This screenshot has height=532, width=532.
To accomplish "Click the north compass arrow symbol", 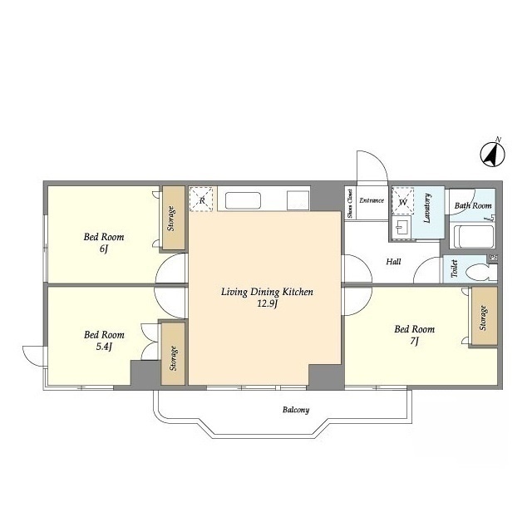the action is click(x=493, y=155).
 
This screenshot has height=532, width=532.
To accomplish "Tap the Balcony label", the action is click(x=296, y=410).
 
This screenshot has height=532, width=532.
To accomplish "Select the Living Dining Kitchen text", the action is click(x=267, y=292).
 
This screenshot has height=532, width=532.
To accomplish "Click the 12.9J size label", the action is click(x=268, y=303).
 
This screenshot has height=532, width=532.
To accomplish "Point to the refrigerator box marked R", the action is click(x=201, y=199).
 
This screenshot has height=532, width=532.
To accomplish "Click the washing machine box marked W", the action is click(x=402, y=201).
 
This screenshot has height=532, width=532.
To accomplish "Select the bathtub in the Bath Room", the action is click(x=472, y=236).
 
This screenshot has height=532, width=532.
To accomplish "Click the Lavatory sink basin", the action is click(x=401, y=227).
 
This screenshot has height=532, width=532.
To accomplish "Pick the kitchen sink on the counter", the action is click(x=243, y=201).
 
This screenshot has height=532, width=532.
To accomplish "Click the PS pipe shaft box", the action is click(x=493, y=258).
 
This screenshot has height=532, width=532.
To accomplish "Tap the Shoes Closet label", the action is click(x=350, y=203).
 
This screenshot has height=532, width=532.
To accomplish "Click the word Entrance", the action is click(x=372, y=200).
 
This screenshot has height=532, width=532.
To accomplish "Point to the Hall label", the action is click(x=393, y=262).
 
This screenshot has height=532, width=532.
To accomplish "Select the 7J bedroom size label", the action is click(x=414, y=341).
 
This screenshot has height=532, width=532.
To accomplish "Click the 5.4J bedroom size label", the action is click(x=104, y=347).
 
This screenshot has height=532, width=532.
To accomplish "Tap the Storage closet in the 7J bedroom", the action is click(x=484, y=316).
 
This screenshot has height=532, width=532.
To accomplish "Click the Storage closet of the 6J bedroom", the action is click(x=173, y=218).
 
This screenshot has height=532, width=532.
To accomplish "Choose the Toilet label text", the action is click(x=455, y=268).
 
